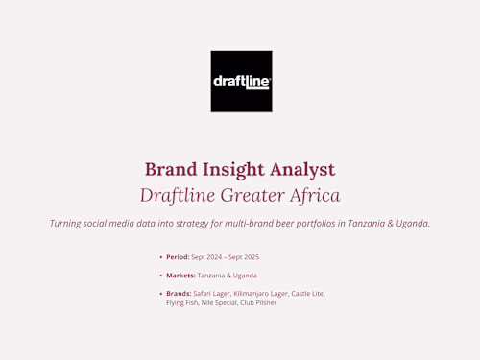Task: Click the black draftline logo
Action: [x=241, y=82]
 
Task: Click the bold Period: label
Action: [x=178, y=257]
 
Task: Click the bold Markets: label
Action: [x=180, y=276]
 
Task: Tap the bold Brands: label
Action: [x=179, y=293]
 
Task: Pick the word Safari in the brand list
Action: [x=204, y=293]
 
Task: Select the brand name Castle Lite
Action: [x=308, y=293]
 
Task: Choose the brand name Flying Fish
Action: [x=182, y=302]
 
